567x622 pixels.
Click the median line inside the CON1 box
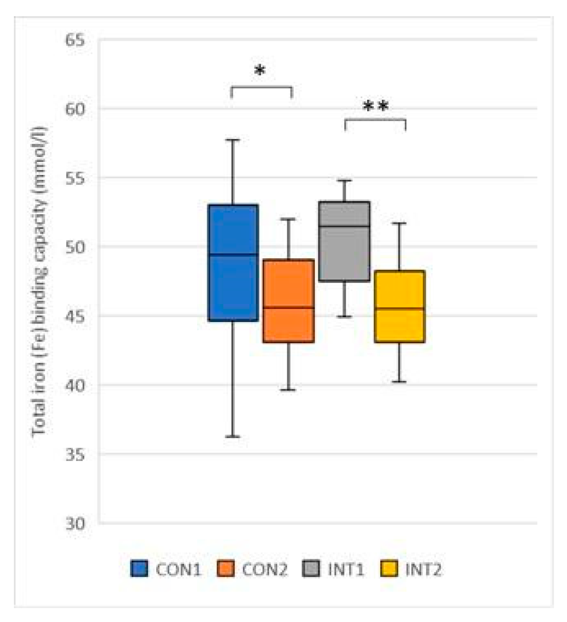click(x=233, y=254)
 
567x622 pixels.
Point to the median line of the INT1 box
click(x=344, y=226)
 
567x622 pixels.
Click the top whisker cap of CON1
click(x=233, y=140)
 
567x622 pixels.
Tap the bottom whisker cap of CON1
click(x=233, y=436)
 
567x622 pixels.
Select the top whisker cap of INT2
click(x=399, y=223)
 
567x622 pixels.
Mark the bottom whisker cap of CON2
click(x=288, y=390)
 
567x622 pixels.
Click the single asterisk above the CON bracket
click(x=260, y=70)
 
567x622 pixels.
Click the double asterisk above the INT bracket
click(x=375, y=106)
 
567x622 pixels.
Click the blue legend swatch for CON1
click(x=139, y=569)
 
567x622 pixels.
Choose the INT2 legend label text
click(x=423, y=570)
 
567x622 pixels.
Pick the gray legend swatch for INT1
click(x=312, y=569)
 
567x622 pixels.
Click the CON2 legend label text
click(x=264, y=570)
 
